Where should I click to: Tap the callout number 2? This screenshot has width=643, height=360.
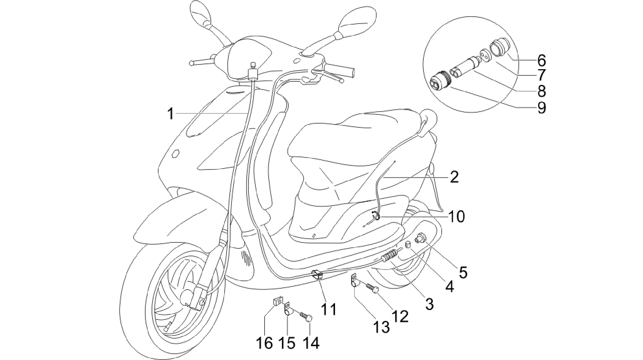pos(454,178)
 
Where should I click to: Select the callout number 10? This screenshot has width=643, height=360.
pos(456,217)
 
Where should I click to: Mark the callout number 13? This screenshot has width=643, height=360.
pos(381,327)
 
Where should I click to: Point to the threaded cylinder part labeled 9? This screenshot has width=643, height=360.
pos(440,85)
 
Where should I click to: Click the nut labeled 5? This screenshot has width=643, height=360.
pos(421,238)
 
